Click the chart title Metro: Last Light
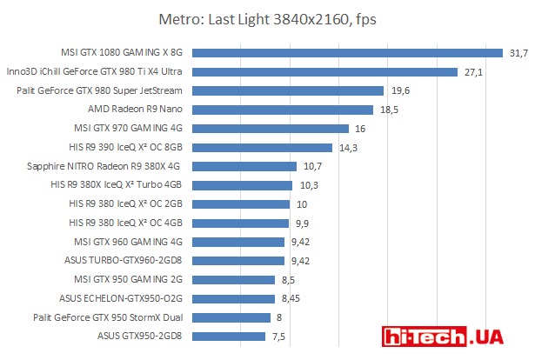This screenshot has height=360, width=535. click(267, 18)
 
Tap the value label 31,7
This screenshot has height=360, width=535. click(518, 53)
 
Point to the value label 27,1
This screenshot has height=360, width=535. click(473, 72)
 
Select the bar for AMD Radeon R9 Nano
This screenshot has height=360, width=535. click(287, 110)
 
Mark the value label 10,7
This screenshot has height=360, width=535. click(311, 166)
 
